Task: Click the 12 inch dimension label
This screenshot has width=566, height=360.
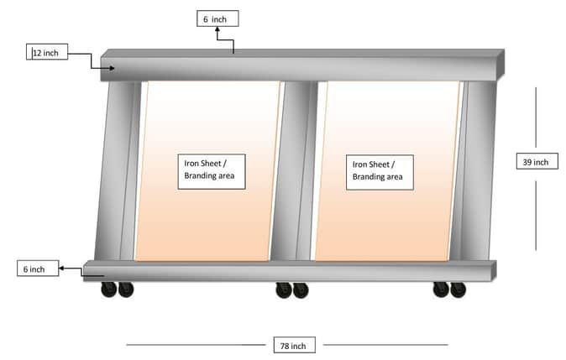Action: coord(47,52)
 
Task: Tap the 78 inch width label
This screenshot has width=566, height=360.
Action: coord(294,345)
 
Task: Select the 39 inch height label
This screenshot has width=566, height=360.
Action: coord(537,161)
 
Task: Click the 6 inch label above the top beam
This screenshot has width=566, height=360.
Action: coord(217,18)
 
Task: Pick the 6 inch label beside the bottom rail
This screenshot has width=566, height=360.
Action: coord(38,268)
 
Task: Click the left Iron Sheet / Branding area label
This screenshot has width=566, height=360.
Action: coord(212,172)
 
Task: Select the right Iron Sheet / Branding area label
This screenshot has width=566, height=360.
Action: coord(380,172)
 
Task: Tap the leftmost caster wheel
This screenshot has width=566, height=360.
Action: coord(108,290)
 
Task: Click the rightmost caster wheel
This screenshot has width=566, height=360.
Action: coord(458,290)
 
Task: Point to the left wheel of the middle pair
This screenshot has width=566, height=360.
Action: coord(284,290)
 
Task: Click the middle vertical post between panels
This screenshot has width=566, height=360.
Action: coord(295,170)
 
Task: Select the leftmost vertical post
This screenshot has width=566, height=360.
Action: coord(118,170)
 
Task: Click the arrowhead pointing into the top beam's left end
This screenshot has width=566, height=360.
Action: coord(113,68)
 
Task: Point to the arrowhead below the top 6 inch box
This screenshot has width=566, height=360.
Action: coord(217,29)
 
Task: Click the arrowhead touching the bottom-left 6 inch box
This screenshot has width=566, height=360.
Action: coord(62,269)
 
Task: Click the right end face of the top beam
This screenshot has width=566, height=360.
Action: coord(500,65)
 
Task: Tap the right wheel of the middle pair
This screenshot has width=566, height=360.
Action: coord(301,290)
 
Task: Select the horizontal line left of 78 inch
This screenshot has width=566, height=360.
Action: coord(196,345)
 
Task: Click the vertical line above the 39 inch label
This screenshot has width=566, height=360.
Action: coord(536,117)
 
